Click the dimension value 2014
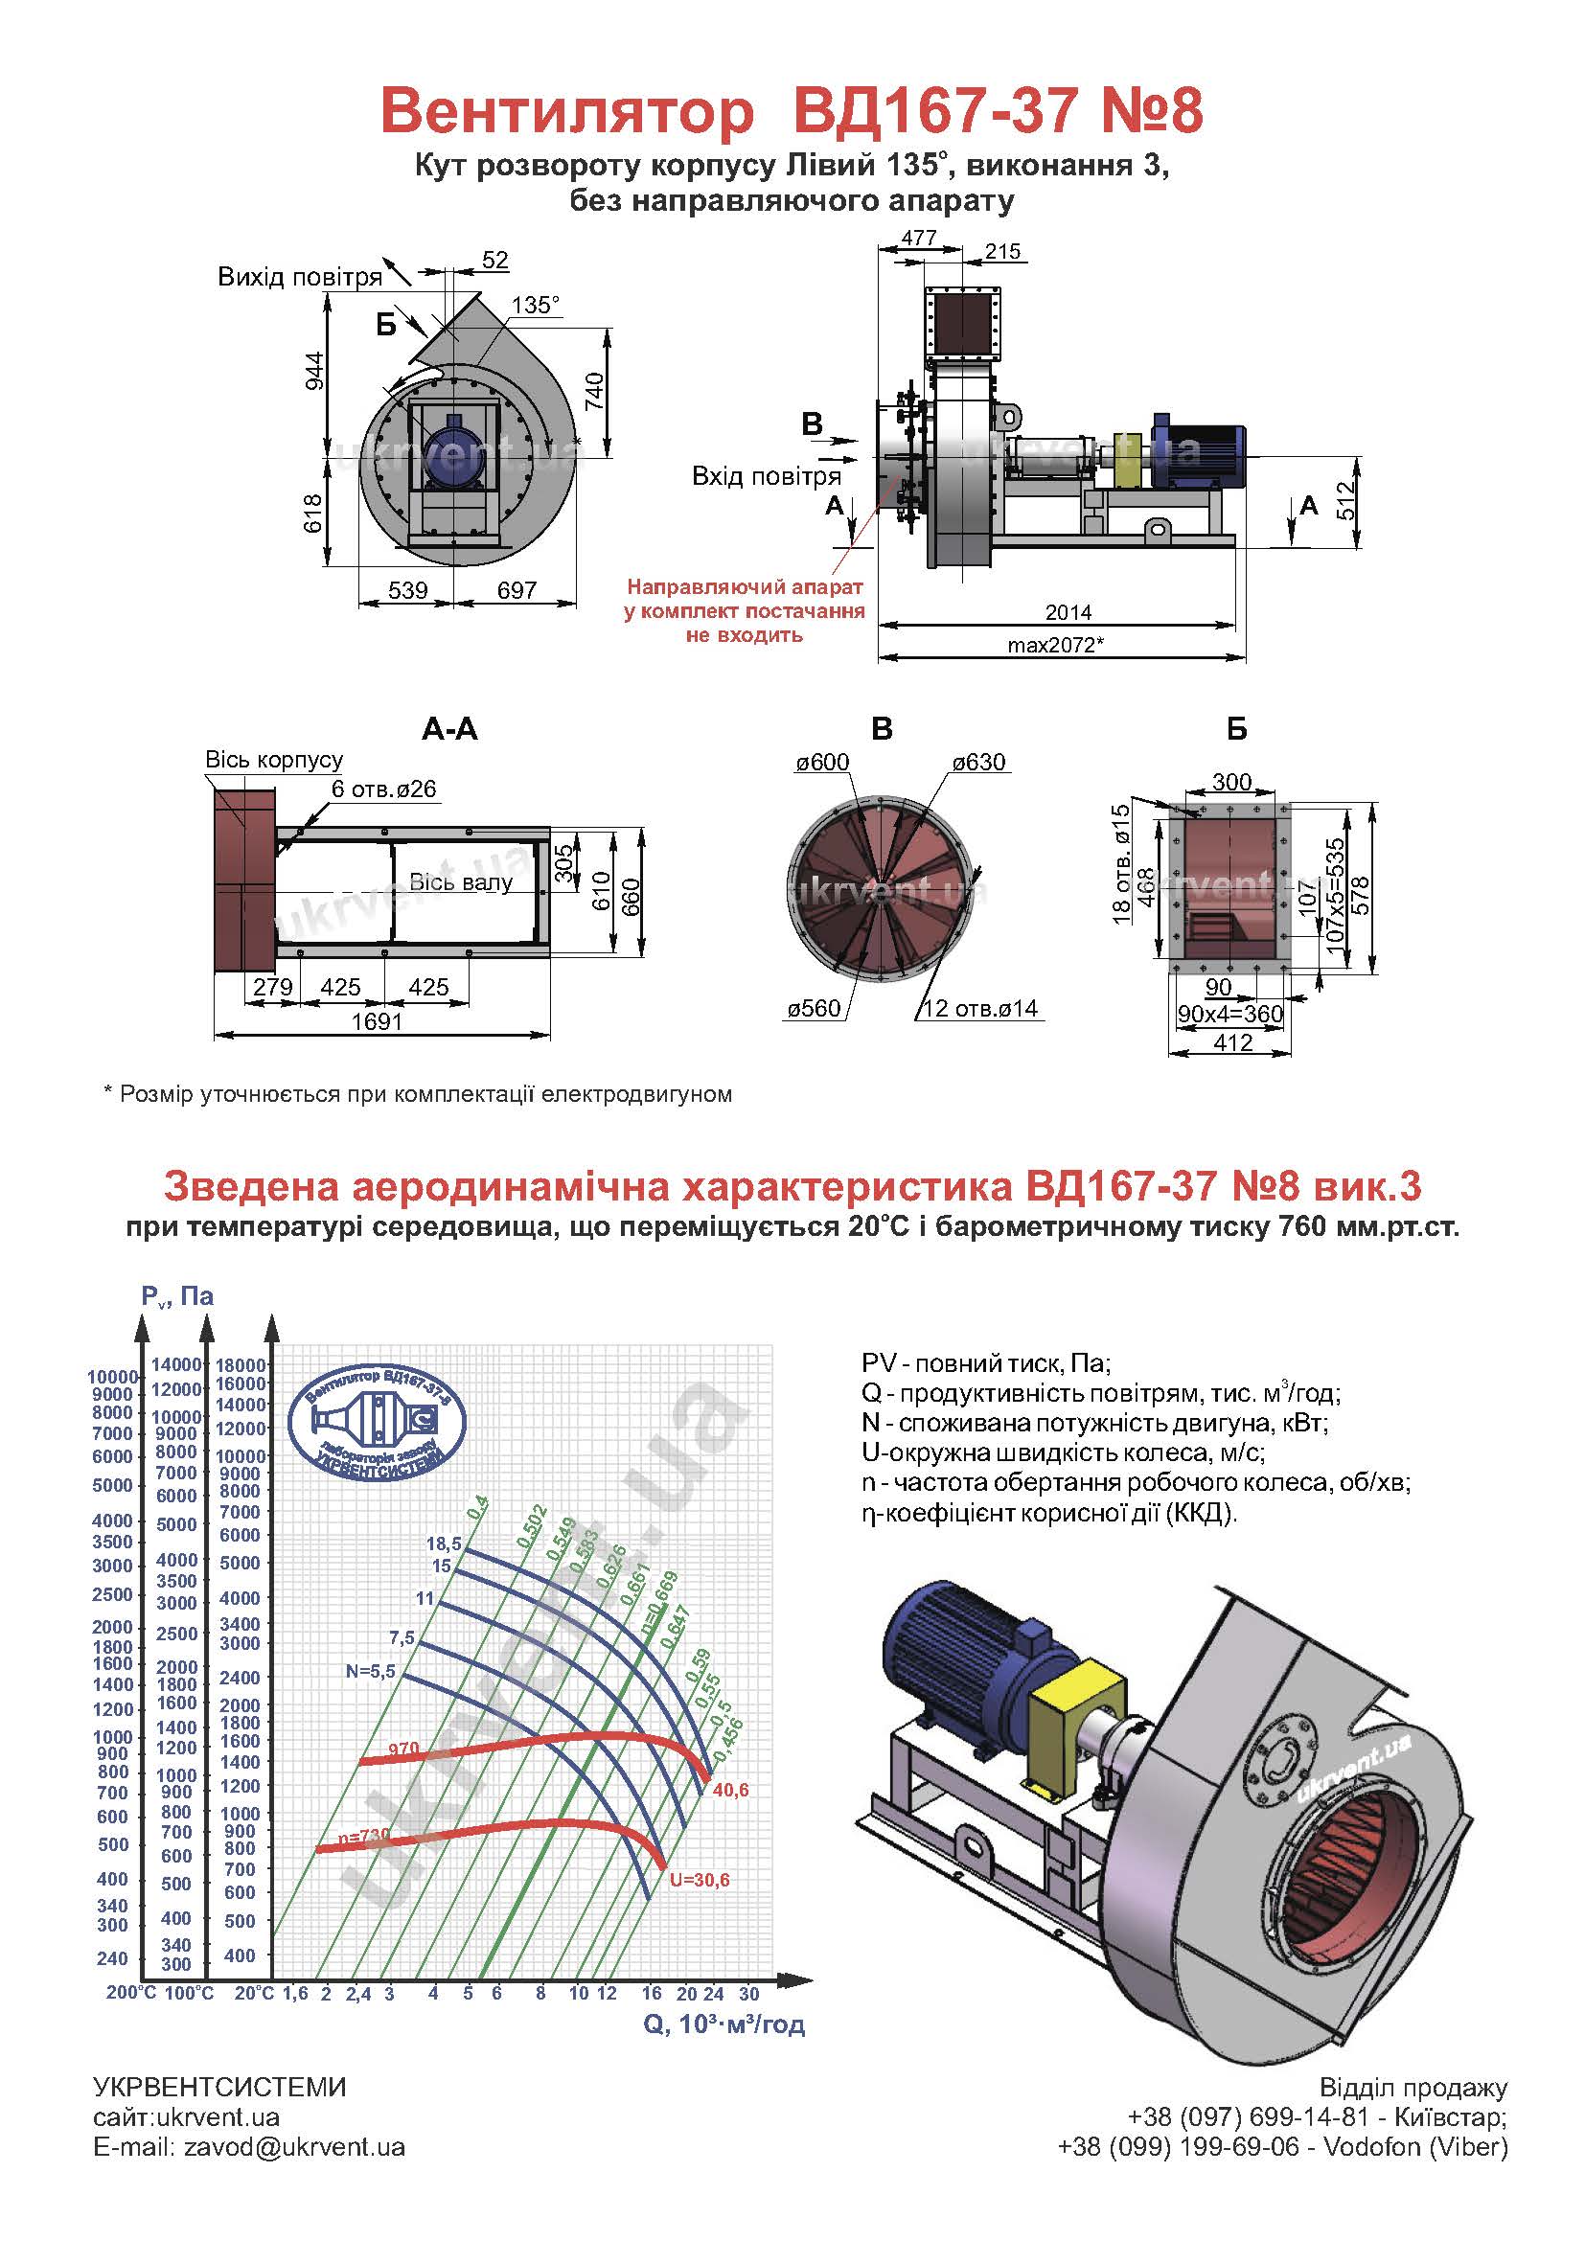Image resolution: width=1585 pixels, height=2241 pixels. pyautogui.click(x=1068, y=612)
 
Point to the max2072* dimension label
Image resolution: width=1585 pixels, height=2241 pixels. pyautogui.click(x=1061, y=645)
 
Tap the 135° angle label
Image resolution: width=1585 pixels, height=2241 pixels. pyautogui.click(x=536, y=306)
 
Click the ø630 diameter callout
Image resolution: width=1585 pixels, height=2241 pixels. pyautogui.click(x=979, y=763)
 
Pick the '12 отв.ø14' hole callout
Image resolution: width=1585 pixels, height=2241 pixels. pyautogui.click(x=980, y=1009)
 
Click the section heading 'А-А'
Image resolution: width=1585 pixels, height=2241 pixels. pyautogui.click(x=450, y=729)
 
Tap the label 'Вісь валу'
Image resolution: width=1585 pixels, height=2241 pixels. pyautogui.click(x=461, y=883)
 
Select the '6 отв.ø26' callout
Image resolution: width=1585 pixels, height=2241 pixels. pyautogui.click(x=383, y=789)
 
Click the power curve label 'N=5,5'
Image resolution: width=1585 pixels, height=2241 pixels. pyautogui.click(x=371, y=1671)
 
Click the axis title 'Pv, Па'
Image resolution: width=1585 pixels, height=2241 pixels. pyautogui.click(x=176, y=1296)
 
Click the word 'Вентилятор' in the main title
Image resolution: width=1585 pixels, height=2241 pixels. pyautogui.click(x=568, y=112)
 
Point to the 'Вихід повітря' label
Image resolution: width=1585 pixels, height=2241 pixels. pyautogui.click(x=300, y=277)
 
